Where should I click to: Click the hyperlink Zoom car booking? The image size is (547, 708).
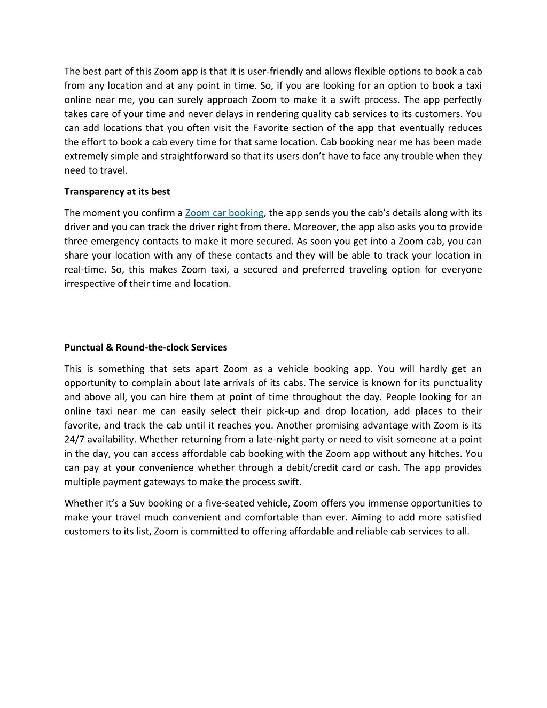(x=224, y=213)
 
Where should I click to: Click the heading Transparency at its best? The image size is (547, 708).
(x=117, y=191)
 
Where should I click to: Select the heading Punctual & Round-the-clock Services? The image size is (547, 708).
(x=146, y=347)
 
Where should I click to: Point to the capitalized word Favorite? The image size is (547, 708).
(x=270, y=128)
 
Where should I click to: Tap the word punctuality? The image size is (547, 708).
(x=457, y=383)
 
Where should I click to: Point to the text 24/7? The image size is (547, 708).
(x=74, y=440)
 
